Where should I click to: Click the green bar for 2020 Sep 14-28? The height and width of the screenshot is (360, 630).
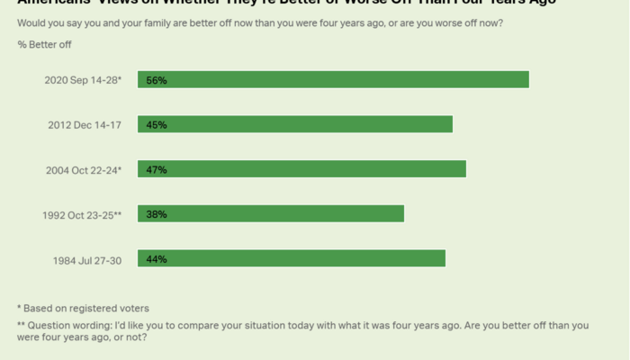pyautogui.click(x=333, y=80)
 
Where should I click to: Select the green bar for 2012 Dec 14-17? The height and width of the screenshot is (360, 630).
pyautogui.click(x=294, y=125)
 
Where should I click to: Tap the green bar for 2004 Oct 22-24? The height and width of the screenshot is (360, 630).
pyautogui.click(x=301, y=169)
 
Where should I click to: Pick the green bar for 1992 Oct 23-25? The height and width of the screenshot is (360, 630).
pyautogui.click(x=270, y=214)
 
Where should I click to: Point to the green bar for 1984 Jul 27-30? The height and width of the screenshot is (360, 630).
pyautogui.click(x=291, y=258)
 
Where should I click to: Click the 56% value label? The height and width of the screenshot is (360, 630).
pyautogui.click(x=157, y=80)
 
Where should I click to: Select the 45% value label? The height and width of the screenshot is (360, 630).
pyautogui.click(x=157, y=125)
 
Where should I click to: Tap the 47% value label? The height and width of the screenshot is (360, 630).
pyautogui.click(x=157, y=169)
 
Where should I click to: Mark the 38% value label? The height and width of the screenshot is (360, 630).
pyautogui.click(x=157, y=214)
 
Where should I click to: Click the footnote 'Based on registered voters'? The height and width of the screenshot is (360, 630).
pyautogui.click(x=87, y=308)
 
